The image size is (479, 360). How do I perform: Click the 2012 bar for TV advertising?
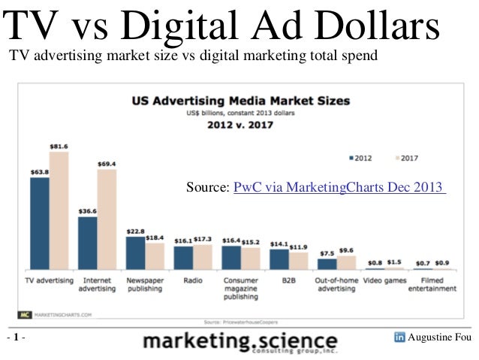coord(40,223)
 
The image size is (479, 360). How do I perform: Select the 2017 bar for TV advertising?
coord(59,210)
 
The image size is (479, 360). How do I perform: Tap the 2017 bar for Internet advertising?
coord(107,219)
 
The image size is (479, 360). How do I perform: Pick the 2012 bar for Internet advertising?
coord(88,243)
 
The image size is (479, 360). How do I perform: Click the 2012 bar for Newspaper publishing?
coord(136,253)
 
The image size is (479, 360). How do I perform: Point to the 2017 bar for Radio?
coord(203,256)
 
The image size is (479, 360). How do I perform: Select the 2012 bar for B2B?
coord(279,258)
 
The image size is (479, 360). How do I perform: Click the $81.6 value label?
coord(59,147)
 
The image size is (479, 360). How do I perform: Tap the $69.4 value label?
coord(107,164)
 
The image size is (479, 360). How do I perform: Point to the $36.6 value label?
coord(88,212)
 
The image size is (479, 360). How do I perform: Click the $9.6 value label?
coord(346,250)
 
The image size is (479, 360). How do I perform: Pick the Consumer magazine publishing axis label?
coord(241,288)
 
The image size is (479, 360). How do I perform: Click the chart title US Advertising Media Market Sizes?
coord(240,100)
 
